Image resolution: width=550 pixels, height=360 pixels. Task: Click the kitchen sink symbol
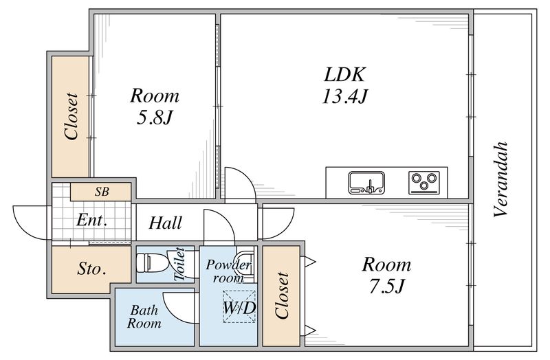point(366,182)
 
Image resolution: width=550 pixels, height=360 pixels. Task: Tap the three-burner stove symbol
point(424,182)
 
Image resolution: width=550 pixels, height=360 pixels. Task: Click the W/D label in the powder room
point(239,308)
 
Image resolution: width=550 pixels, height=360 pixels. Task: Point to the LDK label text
point(345,74)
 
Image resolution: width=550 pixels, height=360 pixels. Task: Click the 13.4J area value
point(345,96)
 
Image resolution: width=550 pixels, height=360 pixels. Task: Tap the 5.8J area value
point(154,117)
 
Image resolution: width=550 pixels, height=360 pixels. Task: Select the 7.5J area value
point(386,286)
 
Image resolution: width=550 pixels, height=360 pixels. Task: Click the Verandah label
point(501,179)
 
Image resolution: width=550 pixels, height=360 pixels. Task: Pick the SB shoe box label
point(102,192)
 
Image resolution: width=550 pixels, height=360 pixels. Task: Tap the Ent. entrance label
point(91,221)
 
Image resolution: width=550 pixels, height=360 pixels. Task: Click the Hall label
point(165,223)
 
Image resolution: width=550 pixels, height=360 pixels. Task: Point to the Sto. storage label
point(91,269)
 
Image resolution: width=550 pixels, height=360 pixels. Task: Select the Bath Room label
point(144,317)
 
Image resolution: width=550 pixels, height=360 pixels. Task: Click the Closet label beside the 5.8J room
point(71,116)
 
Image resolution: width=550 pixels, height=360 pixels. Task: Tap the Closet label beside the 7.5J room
point(283,295)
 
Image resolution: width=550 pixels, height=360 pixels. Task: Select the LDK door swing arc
point(245,179)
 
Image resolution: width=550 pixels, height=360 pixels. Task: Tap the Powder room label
point(228,271)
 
